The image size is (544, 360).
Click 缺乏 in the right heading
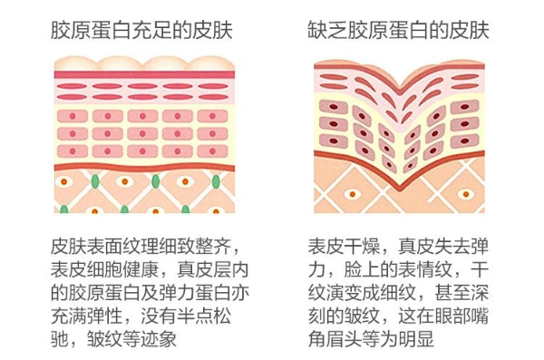pyautogui.click(x=327, y=30)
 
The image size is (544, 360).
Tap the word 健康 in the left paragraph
pyautogui.click(x=141, y=269)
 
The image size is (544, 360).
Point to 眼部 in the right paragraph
pyautogui.click(x=452, y=316)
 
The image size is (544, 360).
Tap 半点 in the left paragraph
pyautogui.click(x=195, y=316)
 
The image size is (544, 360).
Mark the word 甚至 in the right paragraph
pyautogui.click(x=452, y=293)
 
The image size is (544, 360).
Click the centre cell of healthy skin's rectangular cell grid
pyautogui.click(x=142, y=133)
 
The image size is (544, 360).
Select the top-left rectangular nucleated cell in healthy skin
pyautogui.click(x=73, y=116)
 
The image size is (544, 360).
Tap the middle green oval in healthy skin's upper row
pyautogui.click(x=156, y=181)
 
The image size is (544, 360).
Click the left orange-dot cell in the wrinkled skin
pyautogui.click(x=352, y=194)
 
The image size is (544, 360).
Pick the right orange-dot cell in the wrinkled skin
pyautogui.click(x=466, y=194)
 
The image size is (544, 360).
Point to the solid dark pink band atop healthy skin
pyautogui.click(x=144, y=74)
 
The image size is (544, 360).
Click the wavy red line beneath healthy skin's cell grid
pyautogui.click(x=144, y=168)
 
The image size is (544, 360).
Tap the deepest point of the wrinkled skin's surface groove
pyautogui.click(x=400, y=85)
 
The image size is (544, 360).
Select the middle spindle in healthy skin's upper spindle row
pyautogui.click(x=142, y=86)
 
